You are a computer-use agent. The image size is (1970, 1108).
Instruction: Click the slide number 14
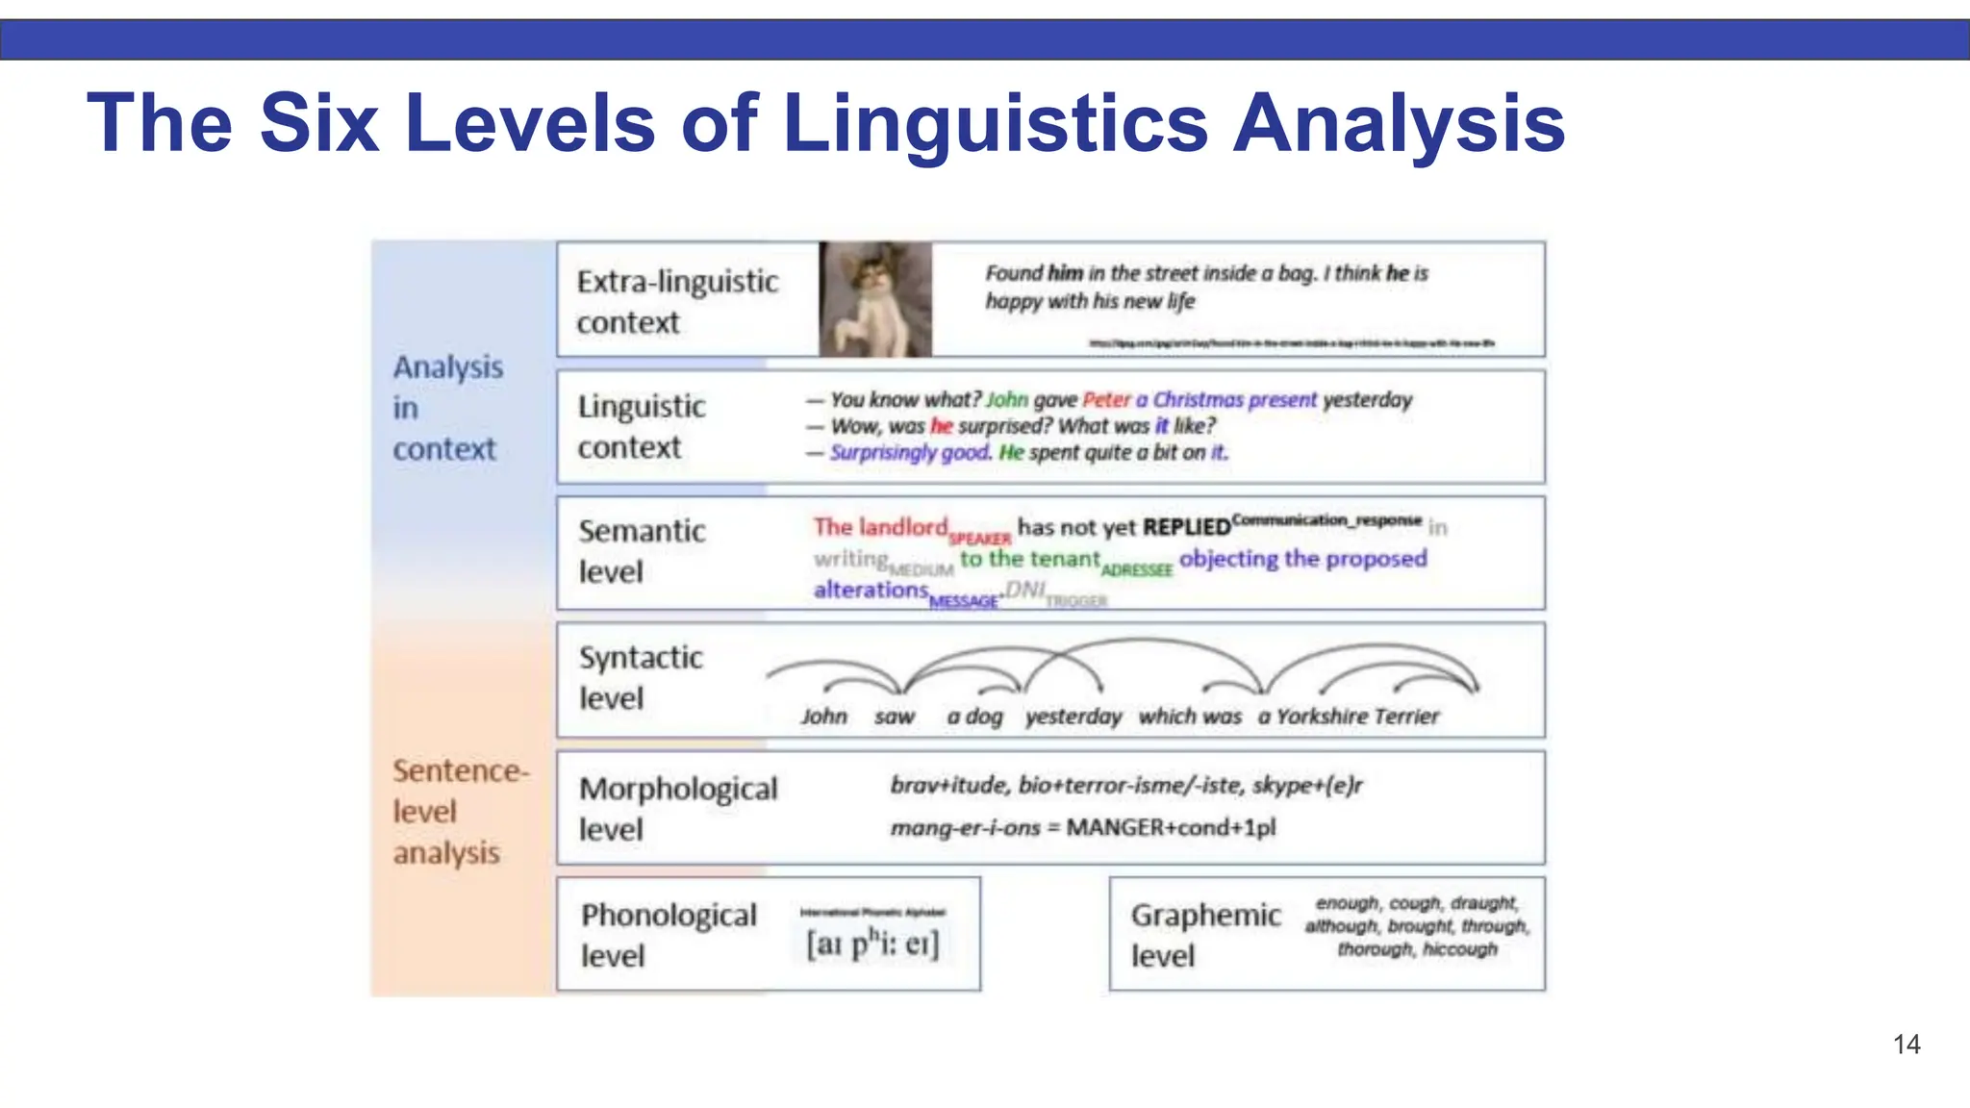[x=1906, y=1045]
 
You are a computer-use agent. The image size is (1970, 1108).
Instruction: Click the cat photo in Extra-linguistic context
[x=874, y=299]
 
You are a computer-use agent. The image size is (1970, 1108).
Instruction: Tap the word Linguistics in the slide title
[x=996, y=123]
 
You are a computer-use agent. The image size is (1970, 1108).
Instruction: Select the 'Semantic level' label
[x=642, y=551]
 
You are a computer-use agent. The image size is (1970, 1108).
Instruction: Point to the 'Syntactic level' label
[x=641, y=677]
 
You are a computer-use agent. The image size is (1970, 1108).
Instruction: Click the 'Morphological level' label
[x=677, y=808]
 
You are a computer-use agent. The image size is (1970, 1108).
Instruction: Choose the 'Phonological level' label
[x=669, y=934]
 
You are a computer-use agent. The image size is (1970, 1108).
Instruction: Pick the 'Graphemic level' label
[x=1205, y=934]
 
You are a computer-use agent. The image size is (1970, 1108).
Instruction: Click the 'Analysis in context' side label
[x=447, y=408]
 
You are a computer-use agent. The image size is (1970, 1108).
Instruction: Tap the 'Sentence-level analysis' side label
[x=460, y=811]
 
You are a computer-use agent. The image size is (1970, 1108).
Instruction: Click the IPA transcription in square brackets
[x=872, y=943]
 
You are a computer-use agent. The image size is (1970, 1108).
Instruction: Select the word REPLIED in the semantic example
[x=1186, y=527]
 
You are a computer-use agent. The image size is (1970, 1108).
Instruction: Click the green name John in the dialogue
[x=1006, y=400]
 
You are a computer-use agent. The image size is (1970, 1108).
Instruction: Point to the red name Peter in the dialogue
[x=1106, y=400]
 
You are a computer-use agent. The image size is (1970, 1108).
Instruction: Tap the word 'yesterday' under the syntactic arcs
[x=1073, y=717]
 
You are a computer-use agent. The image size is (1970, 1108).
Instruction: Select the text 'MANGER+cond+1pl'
[x=1171, y=827]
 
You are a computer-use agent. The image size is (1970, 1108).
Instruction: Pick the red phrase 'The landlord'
[x=880, y=527]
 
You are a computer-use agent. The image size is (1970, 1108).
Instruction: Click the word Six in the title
[x=318, y=123]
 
